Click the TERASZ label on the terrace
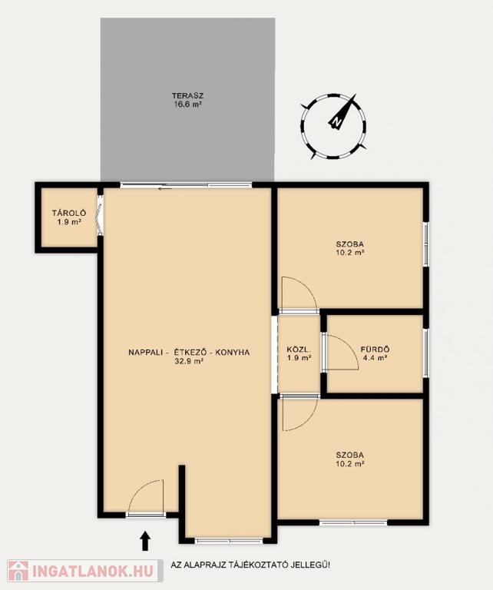pyautogui.click(x=187, y=96)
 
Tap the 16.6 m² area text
pyautogui.click(x=187, y=104)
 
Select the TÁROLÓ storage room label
pyautogui.click(x=69, y=214)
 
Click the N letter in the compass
pyautogui.click(x=336, y=121)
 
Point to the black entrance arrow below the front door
pyautogui.click(x=146, y=540)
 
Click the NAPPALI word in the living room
pyautogui.click(x=146, y=353)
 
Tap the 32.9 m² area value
pyautogui.click(x=189, y=361)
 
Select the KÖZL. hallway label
pyautogui.click(x=299, y=350)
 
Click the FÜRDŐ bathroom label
pyautogui.click(x=375, y=350)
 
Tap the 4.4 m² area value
pyautogui.click(x=375, y=358)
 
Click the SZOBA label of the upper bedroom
pyautogui.click(x=349, y=244)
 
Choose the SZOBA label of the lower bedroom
pyautogui.click(x=349, y=456)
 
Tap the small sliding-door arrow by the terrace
pyautogui.click(x=165, y=188)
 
